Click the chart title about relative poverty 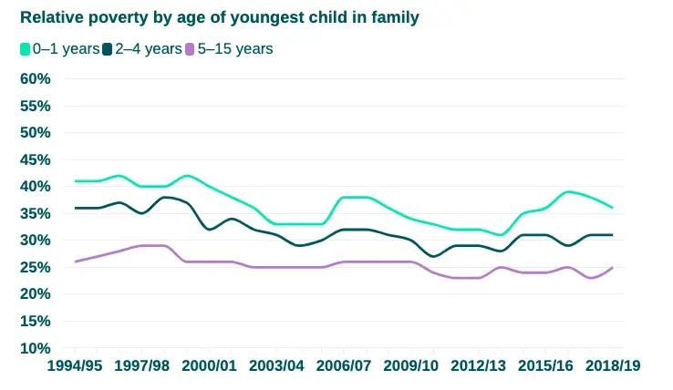(219, 18)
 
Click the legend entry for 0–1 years (60, 49)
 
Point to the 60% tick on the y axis (35, 78)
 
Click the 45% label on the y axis (35, 159)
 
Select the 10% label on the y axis (35, 348)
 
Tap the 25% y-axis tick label (35, 267)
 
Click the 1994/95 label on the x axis (75, 365)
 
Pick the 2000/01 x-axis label (210, 365)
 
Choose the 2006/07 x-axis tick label (345, 365)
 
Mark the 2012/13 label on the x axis (479, 365)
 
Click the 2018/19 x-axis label (613, 365)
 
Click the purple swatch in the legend (190, 49)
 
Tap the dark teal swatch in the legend (108, 49)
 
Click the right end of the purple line (612, 268)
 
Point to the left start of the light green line (76, 180)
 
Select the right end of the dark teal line (612, 235)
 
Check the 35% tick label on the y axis (35, 213)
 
